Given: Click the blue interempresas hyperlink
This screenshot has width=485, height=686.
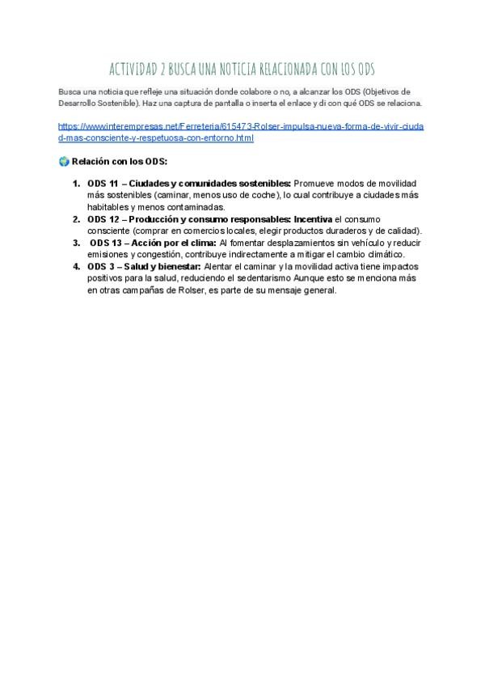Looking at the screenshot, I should point(240,132).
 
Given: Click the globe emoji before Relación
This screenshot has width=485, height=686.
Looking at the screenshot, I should point(64,161).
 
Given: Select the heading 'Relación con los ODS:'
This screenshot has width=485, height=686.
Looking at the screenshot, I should point(119,161).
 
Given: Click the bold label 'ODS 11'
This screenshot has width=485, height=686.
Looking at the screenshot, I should point(103,184).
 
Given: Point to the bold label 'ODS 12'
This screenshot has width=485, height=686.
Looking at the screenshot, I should point(103,219).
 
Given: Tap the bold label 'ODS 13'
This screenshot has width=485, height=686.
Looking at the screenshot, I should point(105,243).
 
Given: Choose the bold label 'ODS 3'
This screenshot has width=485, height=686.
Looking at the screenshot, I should point(100,266).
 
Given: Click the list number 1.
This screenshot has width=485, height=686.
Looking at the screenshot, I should point(76,184).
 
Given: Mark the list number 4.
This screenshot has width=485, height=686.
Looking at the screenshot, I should point(76,266).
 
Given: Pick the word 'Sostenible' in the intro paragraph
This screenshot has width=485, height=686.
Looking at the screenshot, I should point(122,104).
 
